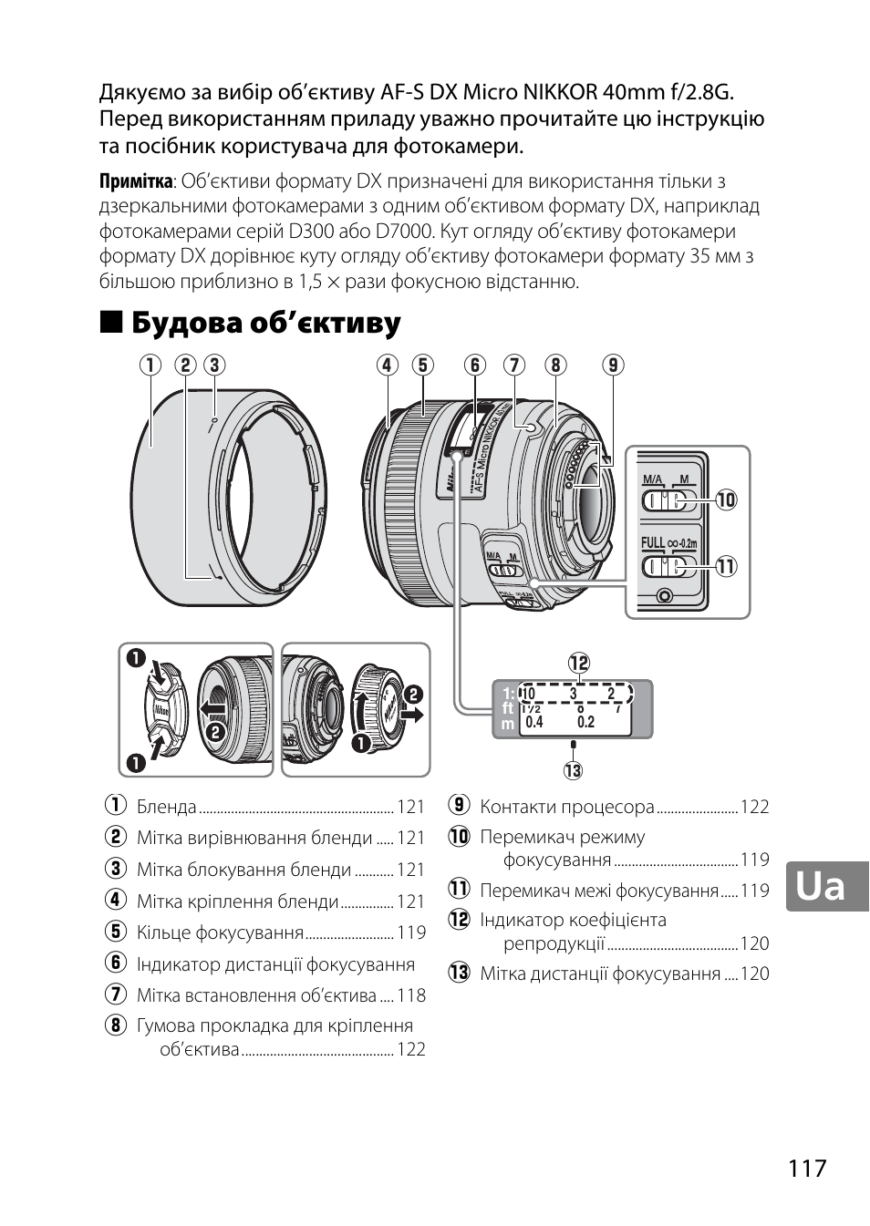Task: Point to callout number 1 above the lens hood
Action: click(x=150, y=366)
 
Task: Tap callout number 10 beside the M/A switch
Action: click(x=726, y=500)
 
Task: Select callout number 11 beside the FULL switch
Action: click(x=726, y=566)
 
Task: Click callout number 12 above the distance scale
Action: click(x=578, y=663)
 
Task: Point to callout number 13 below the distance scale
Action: click(x=573, y=771)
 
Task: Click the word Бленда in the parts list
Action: click(x=167, y=807)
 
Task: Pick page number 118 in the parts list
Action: click(x=411, y=995)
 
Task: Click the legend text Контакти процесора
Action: click(x=567, y=807)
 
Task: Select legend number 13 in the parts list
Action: click(x=458, y=974)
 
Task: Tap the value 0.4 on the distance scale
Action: click(x=534, y=722)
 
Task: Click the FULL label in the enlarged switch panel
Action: click(x=653, y=543)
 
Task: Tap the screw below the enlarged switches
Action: click(x=664, y=596)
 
